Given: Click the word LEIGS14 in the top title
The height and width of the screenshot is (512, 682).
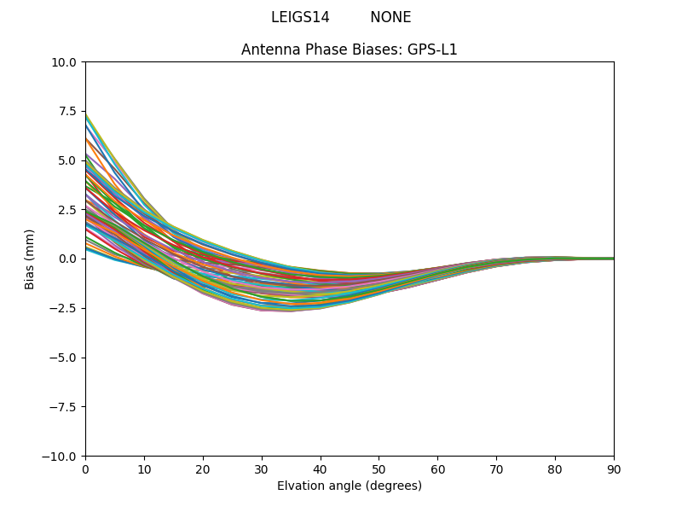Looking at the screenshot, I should [300, 17].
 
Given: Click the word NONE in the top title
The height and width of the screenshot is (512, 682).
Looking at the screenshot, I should [390, 17].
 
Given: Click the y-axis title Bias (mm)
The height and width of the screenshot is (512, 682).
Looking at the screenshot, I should [30, 259].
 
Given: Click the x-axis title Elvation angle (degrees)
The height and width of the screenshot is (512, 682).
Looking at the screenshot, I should [350, 486].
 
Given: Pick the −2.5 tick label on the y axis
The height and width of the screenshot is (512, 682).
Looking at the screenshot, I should [65, 308].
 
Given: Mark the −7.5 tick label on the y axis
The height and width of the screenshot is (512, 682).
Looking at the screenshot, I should [65, 406].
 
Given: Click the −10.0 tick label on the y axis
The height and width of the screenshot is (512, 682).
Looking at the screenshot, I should [61, 456].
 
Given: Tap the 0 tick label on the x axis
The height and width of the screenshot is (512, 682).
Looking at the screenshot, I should [85, 468].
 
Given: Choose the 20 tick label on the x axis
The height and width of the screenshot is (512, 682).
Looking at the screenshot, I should [203, 468].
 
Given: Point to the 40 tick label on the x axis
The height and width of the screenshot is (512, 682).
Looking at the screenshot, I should [321, 468].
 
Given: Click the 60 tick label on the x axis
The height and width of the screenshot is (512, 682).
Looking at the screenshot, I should [437, 468].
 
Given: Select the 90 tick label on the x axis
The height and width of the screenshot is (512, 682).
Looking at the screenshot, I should [614, 468].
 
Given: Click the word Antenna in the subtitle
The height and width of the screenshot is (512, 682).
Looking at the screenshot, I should [267, 49].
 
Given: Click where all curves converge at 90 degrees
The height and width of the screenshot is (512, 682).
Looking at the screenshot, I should [613, 259].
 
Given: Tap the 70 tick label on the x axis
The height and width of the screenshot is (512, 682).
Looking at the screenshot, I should [496, 468].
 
